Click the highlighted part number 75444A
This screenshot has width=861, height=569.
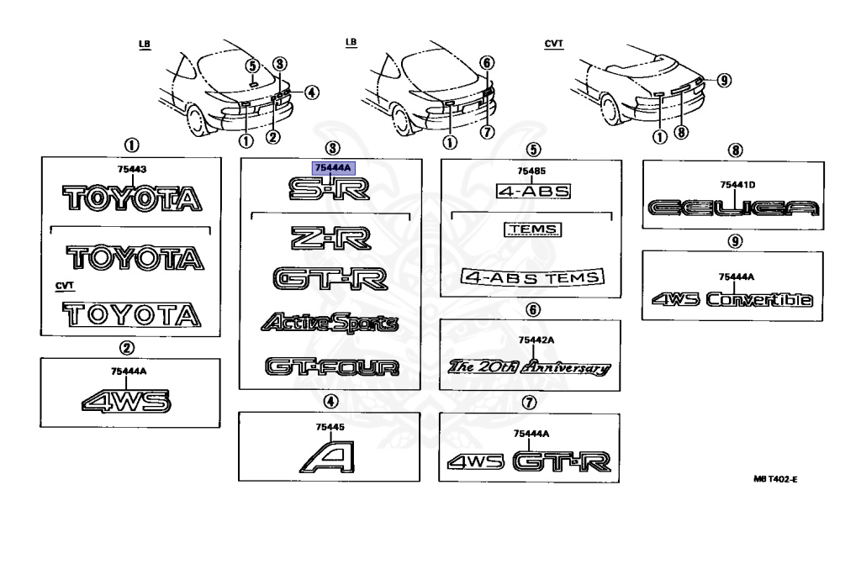(334, 168)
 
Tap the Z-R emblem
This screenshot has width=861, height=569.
(330, 240)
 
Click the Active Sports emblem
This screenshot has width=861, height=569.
(330, 322)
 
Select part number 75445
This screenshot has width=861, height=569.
(330, 427)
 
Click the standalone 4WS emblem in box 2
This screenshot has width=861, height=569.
(126, 402)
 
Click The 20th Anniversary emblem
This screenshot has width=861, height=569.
(529, 367)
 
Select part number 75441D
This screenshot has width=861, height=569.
(737, 184)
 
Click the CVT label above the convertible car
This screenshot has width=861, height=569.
(553, 43)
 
